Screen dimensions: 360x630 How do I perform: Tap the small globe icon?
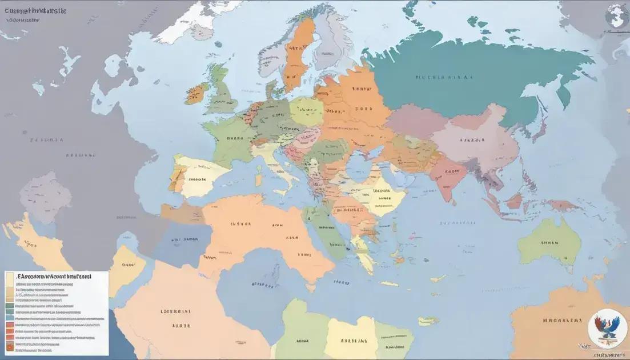[617, 14]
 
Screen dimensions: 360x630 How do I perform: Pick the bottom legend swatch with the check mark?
[10, 346]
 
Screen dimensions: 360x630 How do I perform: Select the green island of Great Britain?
[220, 91]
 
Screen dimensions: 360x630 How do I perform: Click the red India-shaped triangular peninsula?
[449, 174]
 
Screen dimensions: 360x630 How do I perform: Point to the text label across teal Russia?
[444, 76]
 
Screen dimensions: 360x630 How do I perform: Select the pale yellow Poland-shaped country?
[306, 111]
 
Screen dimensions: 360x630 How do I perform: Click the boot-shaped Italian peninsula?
[288, 174]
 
